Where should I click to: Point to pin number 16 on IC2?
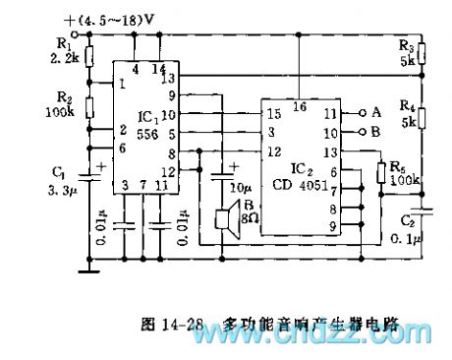tap(300, 106)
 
